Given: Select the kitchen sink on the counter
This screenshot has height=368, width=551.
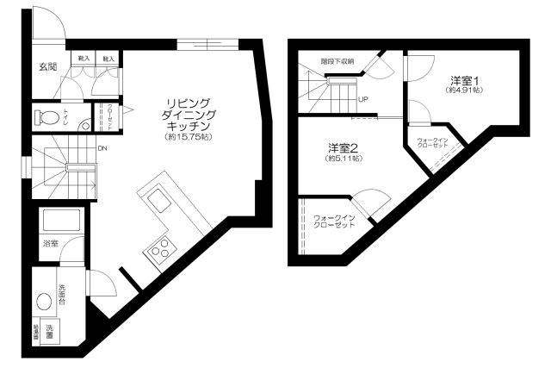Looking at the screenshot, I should (x=159, y=202).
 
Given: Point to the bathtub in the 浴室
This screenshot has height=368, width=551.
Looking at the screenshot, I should (x=61, y=220).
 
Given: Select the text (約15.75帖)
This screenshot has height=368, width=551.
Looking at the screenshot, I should (x=189, y=137).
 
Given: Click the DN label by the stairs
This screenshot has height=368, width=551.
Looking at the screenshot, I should (x=102, y=148).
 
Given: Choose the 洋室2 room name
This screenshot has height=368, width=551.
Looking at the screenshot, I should (x=343, y=147).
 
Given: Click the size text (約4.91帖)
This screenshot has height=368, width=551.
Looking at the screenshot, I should (x=465, y=90).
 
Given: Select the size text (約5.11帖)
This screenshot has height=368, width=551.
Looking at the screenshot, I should (x=343, y=159).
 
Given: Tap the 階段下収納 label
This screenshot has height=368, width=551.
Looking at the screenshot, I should (x=337, y=62).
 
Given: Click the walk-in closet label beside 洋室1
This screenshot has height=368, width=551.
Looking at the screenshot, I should (x=432, y=142).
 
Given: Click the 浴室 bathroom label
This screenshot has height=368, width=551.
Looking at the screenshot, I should (x=50, y=245).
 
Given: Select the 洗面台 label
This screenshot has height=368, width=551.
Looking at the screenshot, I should (x=63, y=291).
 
